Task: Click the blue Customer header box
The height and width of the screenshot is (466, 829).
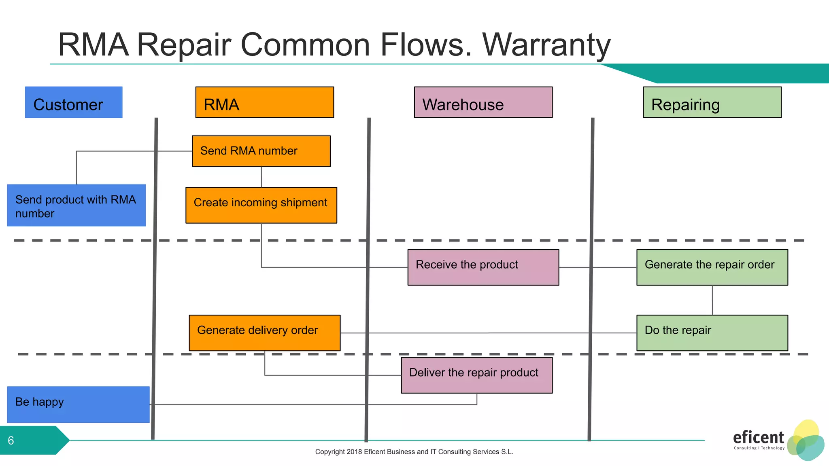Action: point(74,102)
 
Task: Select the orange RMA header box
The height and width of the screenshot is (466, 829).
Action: point(264,102)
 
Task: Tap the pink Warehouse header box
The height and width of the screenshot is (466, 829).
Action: point(483,102)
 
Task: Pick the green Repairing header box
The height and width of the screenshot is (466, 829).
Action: point(712,102)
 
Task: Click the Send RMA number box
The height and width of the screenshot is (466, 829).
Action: point(261,151)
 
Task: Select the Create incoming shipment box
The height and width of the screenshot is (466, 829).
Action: point(261,205)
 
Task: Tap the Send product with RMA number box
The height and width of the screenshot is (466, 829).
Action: point(76,205)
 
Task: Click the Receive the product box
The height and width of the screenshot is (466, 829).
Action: point(483,267)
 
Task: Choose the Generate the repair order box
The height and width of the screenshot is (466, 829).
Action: point(712,267)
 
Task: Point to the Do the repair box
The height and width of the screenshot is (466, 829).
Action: point(712,333)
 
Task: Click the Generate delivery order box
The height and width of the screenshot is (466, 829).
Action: point(264,333)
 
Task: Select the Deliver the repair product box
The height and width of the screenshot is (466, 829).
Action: point(476,375)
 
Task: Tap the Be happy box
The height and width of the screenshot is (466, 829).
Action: point(78,405)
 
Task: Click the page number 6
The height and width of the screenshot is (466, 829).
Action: point(11,441)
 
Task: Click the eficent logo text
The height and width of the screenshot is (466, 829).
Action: point(758,438)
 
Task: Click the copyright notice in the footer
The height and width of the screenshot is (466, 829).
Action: point(414,452)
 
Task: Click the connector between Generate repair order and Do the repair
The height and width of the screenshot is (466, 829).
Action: point(712,300)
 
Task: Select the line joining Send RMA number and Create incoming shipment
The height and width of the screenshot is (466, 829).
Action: point(261,177)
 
